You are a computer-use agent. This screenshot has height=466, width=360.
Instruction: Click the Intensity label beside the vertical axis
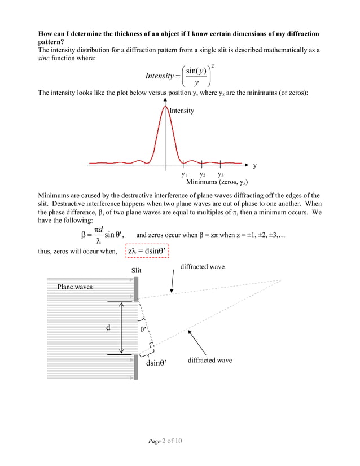(182, 111)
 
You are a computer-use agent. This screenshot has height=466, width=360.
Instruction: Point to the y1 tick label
(184, 175)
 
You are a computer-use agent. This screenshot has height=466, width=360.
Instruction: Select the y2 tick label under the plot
(202, 175)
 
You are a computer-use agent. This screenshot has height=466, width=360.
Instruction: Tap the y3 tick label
(221, 175)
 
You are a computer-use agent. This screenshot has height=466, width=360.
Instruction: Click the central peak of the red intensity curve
(165, 108)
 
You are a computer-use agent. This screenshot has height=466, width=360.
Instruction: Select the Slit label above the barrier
(136, 271)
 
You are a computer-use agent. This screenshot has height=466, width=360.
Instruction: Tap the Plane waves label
(74, 287)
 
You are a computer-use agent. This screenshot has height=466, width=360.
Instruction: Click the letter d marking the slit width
(108, 327)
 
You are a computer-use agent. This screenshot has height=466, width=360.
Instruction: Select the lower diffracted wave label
(209, 360)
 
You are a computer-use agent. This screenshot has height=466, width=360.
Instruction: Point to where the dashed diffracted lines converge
(280, 280)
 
